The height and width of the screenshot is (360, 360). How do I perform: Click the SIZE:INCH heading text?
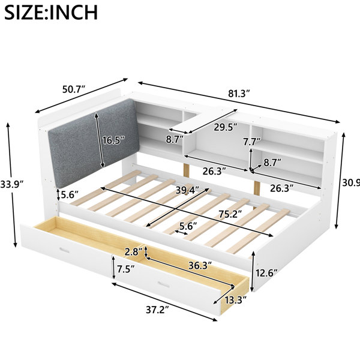[x=51, y=12]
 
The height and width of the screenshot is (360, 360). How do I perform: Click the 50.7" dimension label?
[x=74, y=89]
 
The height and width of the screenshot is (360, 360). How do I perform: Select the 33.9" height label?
[x=12, y=184]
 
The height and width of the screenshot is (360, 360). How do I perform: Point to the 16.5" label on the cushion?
[x=113, y=140]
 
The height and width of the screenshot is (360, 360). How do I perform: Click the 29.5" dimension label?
[x=226, y=127]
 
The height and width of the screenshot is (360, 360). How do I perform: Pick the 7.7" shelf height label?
[x=252, y=142]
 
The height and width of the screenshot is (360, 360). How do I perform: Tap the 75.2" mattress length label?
[x=230, y=214]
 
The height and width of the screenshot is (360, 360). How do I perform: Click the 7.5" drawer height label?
[x=126, y=269]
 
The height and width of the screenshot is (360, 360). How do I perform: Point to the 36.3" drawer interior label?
[x=200, y=266]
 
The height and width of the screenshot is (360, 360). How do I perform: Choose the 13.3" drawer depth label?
[x=235, y=300]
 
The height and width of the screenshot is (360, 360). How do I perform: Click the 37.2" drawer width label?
[x=157, y=310]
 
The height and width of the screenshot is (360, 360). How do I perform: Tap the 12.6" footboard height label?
[x=267, y=273]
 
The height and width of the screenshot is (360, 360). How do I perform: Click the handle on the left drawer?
[x=64, y=250]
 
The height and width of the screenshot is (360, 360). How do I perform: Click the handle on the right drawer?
[x=163, y=284]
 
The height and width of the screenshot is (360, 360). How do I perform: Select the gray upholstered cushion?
[x=93, y=143]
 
